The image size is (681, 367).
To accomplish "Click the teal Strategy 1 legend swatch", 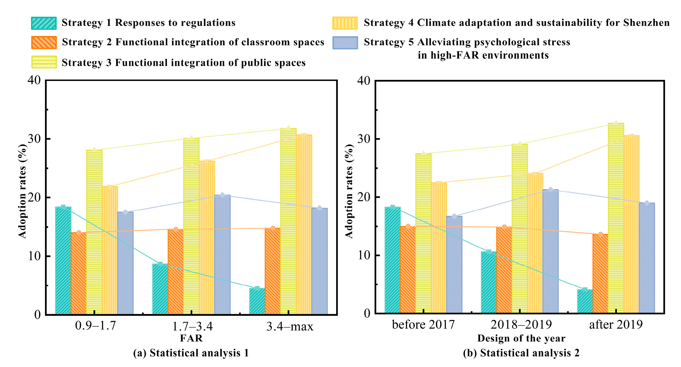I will coord(44,23).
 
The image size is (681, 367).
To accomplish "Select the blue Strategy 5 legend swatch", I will coord(345,43).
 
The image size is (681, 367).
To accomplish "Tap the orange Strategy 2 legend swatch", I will coord(44,43).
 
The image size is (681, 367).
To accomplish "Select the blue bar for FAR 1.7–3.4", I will coord(222,254).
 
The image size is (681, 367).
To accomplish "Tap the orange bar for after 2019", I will coord(600,274).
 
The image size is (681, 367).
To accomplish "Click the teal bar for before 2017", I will coord(392,260).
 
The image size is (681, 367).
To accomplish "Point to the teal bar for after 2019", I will coord(585,301).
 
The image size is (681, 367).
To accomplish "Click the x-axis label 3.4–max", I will coord(290,327).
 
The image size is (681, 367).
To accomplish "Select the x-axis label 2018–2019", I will coord(521,324).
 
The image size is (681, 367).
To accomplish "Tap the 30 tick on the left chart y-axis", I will coord(34,139).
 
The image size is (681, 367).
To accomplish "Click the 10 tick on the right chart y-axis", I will coord(364,255).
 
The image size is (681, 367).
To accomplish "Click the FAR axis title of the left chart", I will coord(191,338).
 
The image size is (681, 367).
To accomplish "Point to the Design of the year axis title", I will coord(521,338).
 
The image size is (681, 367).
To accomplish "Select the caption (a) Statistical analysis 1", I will coord(191,353).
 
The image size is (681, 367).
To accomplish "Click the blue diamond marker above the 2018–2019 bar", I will coord(550,190).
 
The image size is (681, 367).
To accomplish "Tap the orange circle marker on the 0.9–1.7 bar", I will coord(79,233).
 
